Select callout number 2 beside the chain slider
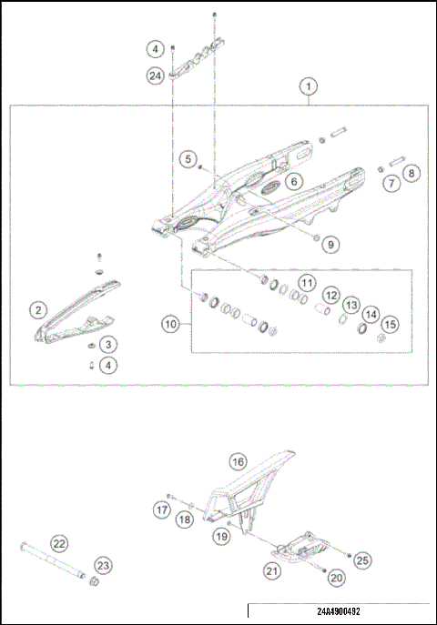click(37, 310)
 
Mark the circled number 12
click(330, 296)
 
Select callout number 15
click(389, 324)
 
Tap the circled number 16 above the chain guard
click(237, 460)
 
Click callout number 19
click(220, 539)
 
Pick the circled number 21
click(271, 570)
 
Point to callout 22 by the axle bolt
click(59, 543)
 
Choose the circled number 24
click(156, 76)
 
